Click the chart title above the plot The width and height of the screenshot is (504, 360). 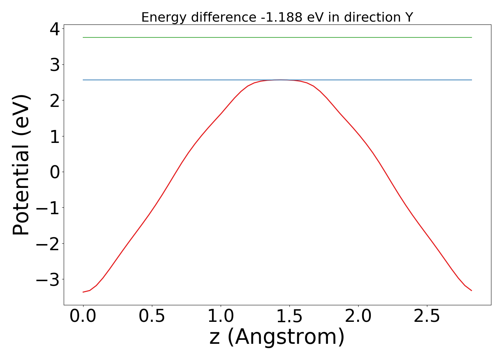[277, 17]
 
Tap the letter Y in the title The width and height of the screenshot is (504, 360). [409, 17]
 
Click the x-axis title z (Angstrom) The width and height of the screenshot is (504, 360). [277, 338]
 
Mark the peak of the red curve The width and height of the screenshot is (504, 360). [281, 80]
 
